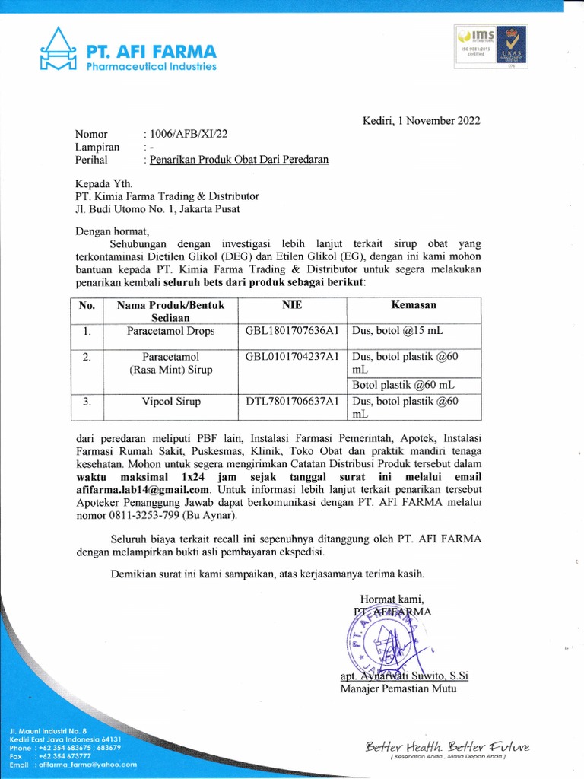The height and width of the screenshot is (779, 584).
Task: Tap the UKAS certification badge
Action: (x=514, y=47)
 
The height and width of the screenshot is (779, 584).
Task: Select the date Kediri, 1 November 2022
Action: (x=420, y=120)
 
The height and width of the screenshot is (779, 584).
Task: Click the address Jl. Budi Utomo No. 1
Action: (x=122, y=208)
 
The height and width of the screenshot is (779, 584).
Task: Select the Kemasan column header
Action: (x=413, y=305)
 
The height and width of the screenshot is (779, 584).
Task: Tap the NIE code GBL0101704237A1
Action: (x=291, y=357)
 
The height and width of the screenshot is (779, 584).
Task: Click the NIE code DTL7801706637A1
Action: (x=291, y=402)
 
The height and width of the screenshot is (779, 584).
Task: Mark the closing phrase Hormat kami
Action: (x=392, y=597)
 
